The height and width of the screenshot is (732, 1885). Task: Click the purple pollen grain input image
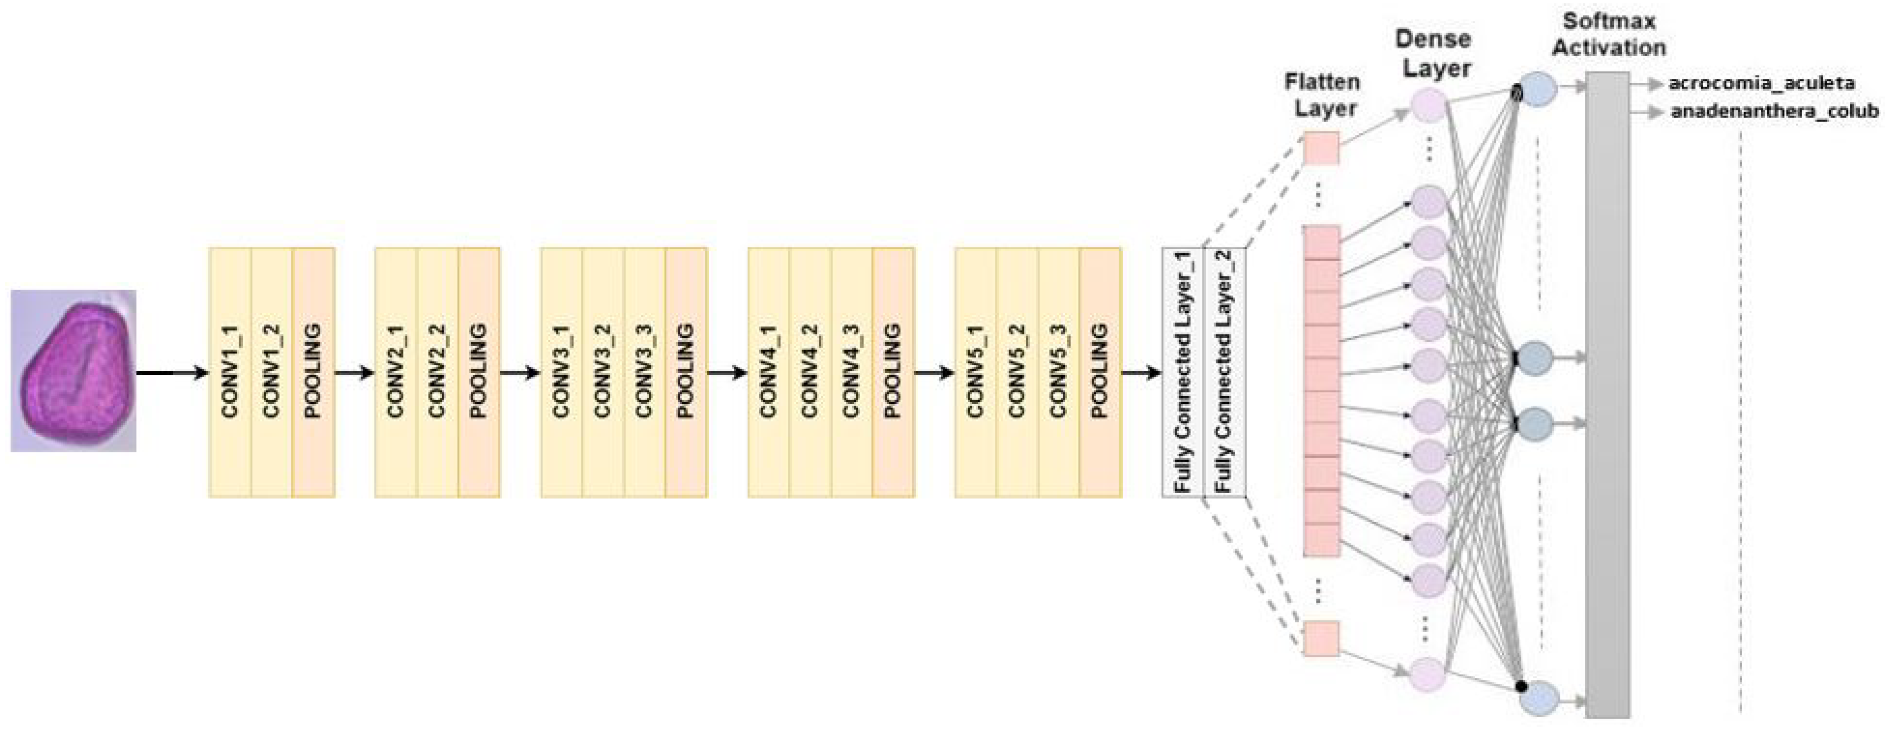coord(73,371)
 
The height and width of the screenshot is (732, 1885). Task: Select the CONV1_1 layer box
coord(230,372)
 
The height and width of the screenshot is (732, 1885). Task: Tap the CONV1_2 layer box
coord(271,372)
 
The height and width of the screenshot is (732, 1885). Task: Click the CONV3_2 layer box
coord(603,372)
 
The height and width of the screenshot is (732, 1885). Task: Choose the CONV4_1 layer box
coord(768,372)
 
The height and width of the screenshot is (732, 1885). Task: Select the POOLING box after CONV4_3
coord(893,372)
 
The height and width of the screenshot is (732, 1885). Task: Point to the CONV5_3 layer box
coord(1058,372)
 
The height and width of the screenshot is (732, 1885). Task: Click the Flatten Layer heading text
coord(1323,95)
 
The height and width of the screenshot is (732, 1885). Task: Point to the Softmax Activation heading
coord(1608,34)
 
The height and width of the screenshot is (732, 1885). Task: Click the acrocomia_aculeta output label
coord(1761,83)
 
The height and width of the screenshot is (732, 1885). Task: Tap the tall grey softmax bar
coord(1607,395)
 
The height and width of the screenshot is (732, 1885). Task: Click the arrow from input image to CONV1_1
coord(172,373)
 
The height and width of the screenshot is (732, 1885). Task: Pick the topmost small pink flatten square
coord(1321,148)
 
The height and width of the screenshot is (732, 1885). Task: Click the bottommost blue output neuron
coord(1538,697)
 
